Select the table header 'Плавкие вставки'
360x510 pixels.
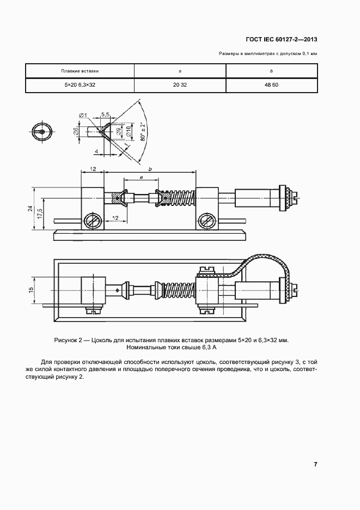(80, 71)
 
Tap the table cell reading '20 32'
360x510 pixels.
(180, 86)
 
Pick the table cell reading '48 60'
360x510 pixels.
(271, 86)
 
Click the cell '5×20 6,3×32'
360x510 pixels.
(80, 86)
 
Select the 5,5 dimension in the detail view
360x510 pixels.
(105, 114)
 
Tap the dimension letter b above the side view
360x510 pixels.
(150, 169)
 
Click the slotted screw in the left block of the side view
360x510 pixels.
(92, 221)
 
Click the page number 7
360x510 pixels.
(315, 464)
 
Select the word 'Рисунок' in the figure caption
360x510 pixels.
(67, 340)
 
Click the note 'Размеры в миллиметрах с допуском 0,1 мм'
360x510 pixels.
(268, 53)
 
